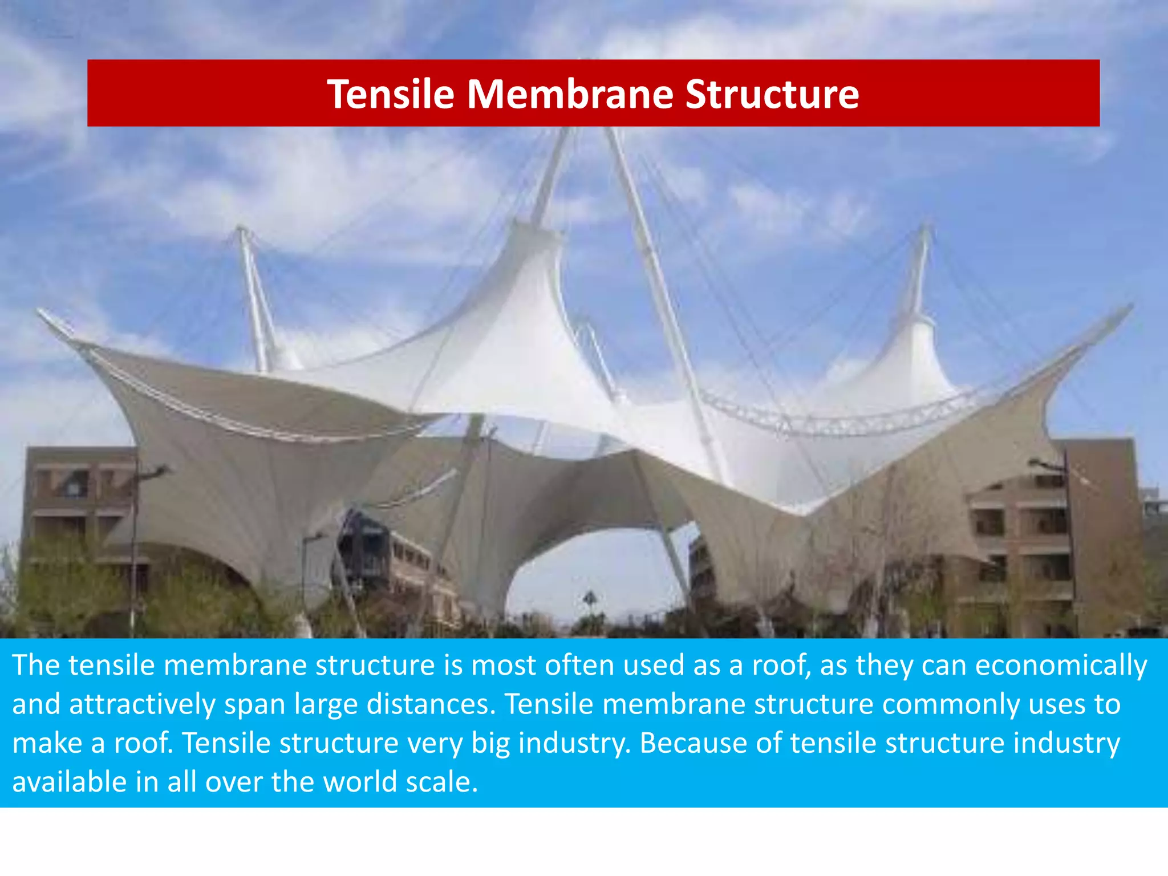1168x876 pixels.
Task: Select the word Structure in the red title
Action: point(772,94)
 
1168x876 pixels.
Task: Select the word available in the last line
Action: point(69,782)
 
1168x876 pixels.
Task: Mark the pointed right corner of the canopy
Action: point(1130,307)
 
